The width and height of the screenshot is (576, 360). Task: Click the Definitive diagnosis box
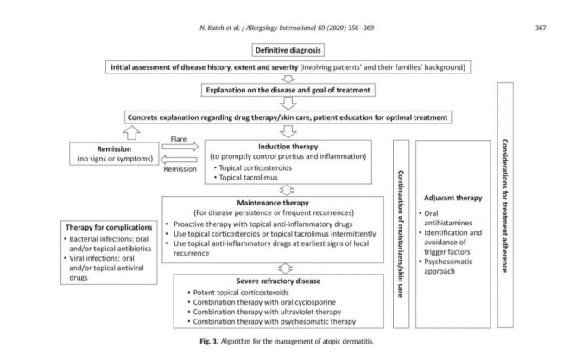point(288,50)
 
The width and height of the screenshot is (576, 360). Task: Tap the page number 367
point(541,28)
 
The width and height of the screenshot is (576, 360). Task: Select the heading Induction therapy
point(288,147)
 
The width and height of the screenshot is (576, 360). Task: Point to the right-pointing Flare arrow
point(180,147)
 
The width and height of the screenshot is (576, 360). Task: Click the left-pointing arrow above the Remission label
point(179,160)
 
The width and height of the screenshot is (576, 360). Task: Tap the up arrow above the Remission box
point(131,133)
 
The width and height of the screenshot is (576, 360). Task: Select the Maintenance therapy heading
point(273,203)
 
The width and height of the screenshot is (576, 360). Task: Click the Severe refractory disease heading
point(278,281)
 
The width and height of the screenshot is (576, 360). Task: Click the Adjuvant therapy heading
point(453,198)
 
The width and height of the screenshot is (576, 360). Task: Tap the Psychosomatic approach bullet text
point(446,266)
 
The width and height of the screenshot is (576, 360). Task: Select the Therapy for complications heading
point(109,227)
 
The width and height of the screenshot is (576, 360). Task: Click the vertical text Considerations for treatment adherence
point(505,205)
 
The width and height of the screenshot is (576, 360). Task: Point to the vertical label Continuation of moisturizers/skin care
point(401,234)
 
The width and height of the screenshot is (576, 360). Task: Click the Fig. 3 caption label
point(209,341)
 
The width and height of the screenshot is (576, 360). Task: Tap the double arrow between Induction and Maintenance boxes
point(287,190)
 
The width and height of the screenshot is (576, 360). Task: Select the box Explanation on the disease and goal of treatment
point(288,90)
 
